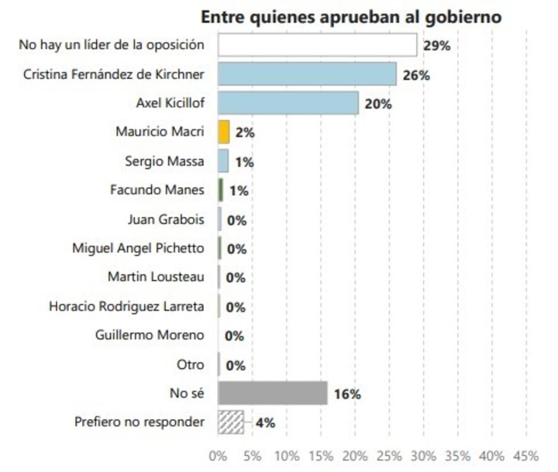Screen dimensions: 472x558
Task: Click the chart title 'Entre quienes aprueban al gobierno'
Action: (x=351, y=16)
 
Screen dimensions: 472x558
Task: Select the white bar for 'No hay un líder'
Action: (x=317, y=45)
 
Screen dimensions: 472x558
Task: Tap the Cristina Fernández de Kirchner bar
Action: (x=307, y=74)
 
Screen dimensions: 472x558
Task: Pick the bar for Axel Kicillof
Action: (x=288, y=103)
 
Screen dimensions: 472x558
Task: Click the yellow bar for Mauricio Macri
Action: (x=224, y=132)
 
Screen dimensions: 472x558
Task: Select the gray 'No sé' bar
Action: (x=273, y=393)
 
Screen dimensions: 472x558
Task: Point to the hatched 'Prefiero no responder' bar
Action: (x=231, y=422)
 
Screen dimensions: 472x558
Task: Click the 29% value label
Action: (x=437, y=46)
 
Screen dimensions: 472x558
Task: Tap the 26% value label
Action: (x=416, y=75)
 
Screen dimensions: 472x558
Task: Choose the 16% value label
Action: (x=347, y=394)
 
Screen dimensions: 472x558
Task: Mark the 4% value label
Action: (x=265, y=423)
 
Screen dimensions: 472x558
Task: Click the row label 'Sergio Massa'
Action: (x=164, y=161)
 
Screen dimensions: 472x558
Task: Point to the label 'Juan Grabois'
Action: (x=166, y=219)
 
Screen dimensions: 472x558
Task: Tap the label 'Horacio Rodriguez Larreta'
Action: (x=126, y=306)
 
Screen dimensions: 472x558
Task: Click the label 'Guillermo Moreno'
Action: (x=150, y=336)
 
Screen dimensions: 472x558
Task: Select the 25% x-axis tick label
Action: (x=390, y=456)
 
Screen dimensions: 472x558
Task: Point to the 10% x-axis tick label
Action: (x=287, y=456)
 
